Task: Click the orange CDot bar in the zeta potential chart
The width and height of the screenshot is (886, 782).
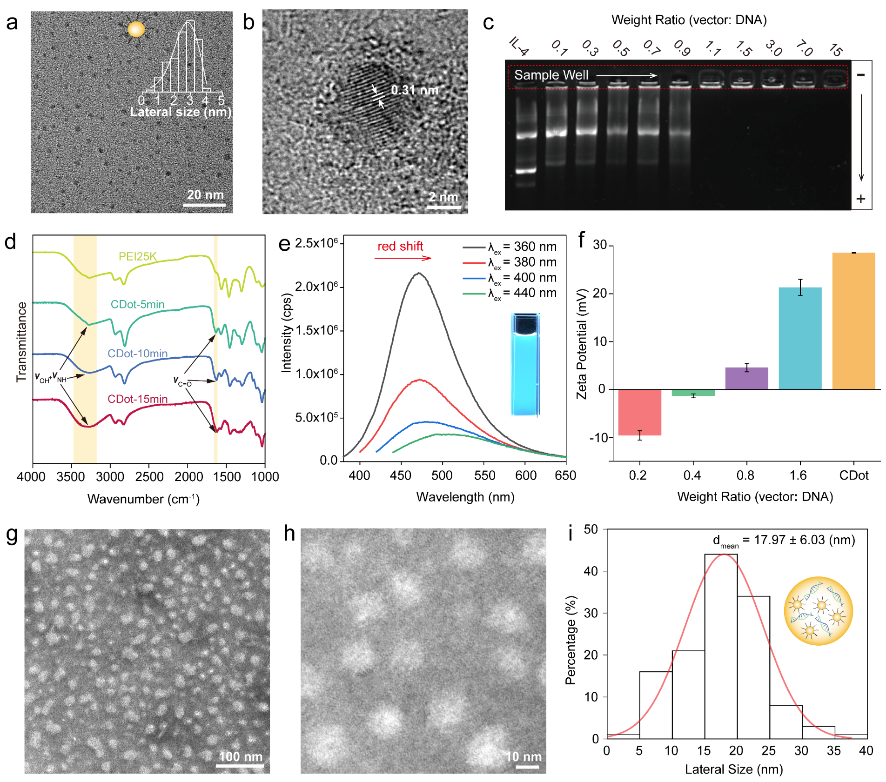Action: pyautogui.click(x=853, y=321)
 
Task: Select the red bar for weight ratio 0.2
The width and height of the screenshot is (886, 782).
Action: pyautogui.click(x=639, y=412)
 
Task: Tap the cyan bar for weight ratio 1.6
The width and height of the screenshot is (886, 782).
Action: pyautogui.click(x=800, y=338)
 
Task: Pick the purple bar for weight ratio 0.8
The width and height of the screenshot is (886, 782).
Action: pyautogui.click(x=746, y=378)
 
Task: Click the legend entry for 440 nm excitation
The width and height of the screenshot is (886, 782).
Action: pyautogui.click(x=510, y=293)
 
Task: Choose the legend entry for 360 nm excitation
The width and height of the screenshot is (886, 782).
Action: pyautogui.click(x=510, y=247)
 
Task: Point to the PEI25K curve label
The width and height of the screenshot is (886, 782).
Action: pyautogui.click(x=138, y=256)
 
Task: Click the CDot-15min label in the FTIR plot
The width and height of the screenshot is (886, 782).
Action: pyautogui.click(x=137, y=399)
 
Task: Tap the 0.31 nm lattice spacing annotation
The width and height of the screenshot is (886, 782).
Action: pyautogui.click(x=414, y=90)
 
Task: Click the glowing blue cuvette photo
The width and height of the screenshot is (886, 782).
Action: pyautogui.click(x=525, y=365)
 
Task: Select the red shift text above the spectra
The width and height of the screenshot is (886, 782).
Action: pyautogui.click(x=400, y=246)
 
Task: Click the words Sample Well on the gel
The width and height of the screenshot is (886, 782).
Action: pyautogui.click(x=551, y=75)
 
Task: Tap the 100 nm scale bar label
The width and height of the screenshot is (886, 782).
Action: pyautogui.click(x=241, y=756)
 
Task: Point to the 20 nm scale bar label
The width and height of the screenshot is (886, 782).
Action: pyautogui.click(x=205, y=195)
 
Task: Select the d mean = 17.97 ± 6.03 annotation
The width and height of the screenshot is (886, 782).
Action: pyautogui.click(x=784, y=541)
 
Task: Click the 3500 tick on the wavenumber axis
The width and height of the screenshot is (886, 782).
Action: pyautogui.click(x=71, y=477)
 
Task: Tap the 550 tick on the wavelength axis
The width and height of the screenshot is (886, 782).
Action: pyautogui.click(x=484, y=475)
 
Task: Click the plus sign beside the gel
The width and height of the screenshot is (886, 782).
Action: pyautogui.click(x=861, y=199)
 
